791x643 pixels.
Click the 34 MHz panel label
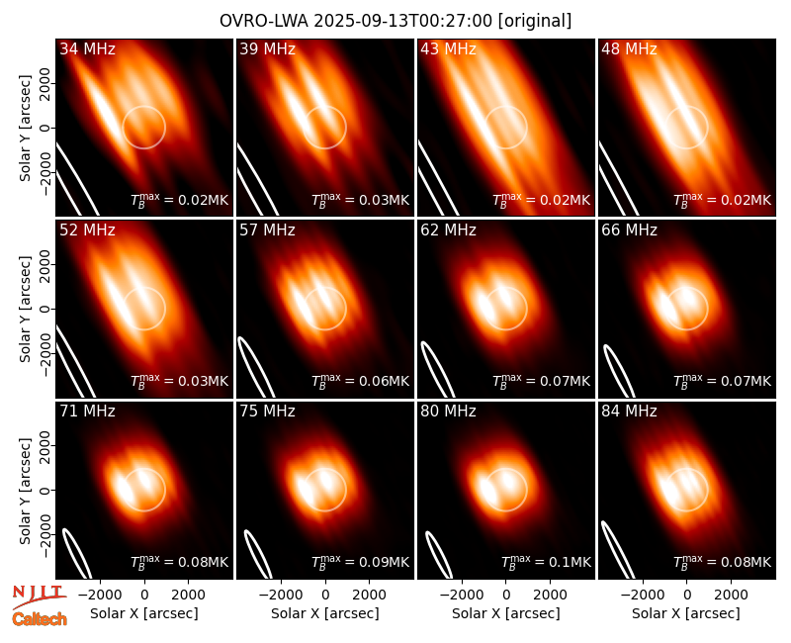coord(87,48)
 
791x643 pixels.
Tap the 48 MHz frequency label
coord(629,48)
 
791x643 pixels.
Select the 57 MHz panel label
coord(267,230)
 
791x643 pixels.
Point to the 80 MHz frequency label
coord(449,411)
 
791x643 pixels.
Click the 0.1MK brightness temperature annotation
coord(547,561)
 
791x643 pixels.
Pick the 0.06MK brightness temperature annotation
coord(360,381)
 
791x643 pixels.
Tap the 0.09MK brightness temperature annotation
coord(360,561)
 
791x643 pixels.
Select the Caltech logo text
coord(40,619)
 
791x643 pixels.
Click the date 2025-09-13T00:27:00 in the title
coord(403,21)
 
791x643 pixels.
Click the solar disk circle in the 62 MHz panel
coord(527,309)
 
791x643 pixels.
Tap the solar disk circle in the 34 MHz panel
coord(165,128)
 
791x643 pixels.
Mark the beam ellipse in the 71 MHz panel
coord(77,554)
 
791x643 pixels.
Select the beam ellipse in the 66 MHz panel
coord(620,371)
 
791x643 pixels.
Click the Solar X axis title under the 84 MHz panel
coord(686,613)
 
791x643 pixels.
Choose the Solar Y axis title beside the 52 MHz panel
coord(26,309)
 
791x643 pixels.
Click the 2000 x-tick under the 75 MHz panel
coord(369,595)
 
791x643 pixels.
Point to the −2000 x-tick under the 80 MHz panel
coord(462,595)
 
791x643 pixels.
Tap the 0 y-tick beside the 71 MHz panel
coord(45,490)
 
